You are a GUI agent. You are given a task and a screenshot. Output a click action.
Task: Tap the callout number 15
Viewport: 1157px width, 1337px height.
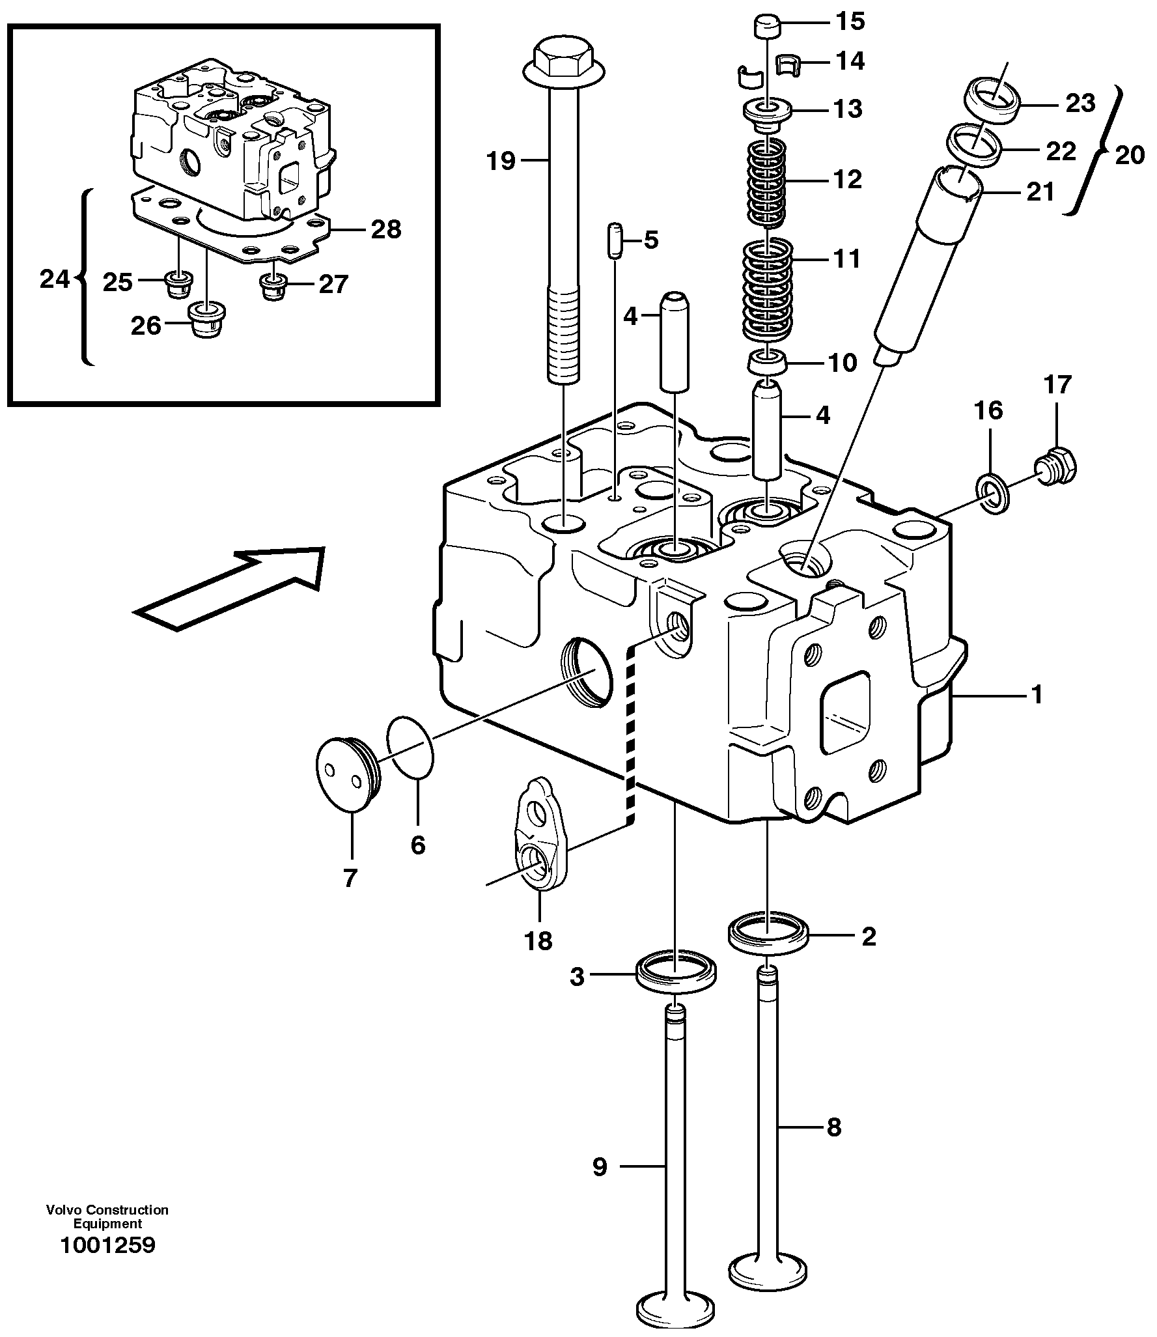pyautogui.click(x=850, y=21)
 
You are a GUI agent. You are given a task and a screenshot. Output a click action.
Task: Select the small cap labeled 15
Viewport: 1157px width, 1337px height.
pyautogui.click(x=766, y=29)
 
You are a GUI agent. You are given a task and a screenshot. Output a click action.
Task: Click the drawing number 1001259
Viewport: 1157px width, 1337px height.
pyautogui.click(x=107, y=1245)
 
